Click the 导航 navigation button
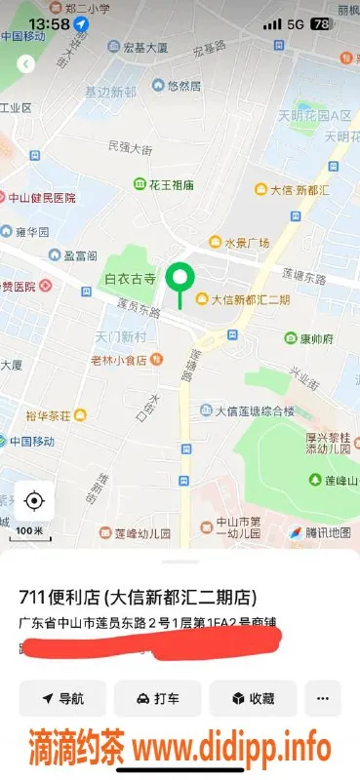click(x=62, y=699)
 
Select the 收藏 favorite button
click(x=252, y=699)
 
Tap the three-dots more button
click(x=323, y=699)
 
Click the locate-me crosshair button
click(x=34, y=501)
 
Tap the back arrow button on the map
click(x=26, y=63)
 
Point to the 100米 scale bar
click(x=29, y=532)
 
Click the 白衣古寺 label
click(x=130, y=279)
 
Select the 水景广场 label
click(x=239, y=243)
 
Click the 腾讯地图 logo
click(x=319, y=532)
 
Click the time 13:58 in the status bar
click(x=49, y=23)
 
